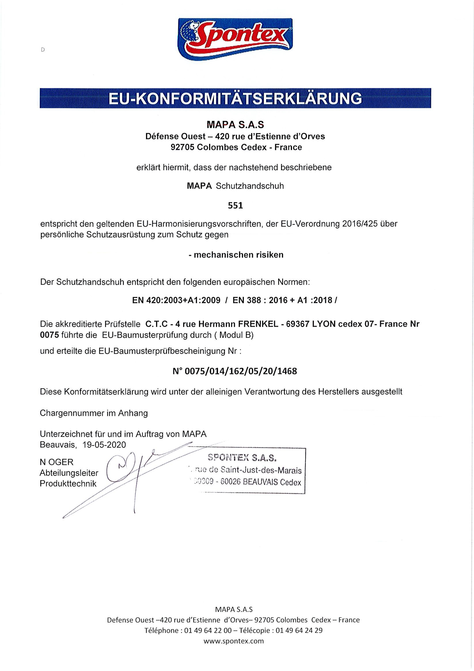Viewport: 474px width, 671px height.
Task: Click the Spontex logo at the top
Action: click(x=235, y=39)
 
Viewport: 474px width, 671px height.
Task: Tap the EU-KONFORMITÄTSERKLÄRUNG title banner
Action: click(x=235, y=98)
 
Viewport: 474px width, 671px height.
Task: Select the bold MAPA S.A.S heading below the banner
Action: click(x=235, y=125)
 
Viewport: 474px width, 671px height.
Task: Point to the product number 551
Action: click(x=235, y=206)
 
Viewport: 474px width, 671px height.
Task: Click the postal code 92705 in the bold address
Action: click(x=182, y=147)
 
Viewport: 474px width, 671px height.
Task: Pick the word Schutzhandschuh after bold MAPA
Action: click(x=250, y=186)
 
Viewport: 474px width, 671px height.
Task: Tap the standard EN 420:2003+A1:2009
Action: click(x=176, y=300)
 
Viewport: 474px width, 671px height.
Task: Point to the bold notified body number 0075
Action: click(x=49, y=335)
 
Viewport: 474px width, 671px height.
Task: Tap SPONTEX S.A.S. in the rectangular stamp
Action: click(x=242, y=458)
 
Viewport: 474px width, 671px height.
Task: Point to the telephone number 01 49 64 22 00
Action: click(x=208, y=630)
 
